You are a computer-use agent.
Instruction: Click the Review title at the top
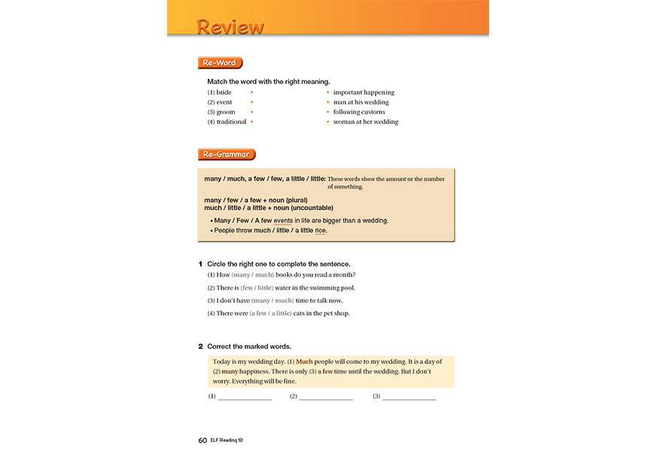point(230,27)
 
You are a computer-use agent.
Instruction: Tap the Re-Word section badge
point(220,63)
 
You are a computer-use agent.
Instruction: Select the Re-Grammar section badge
point(227,154)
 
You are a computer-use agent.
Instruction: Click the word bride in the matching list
point(224,92)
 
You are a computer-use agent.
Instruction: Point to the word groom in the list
point(225,112)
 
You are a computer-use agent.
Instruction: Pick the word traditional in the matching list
point(231,122)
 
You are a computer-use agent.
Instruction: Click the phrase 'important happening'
point(363,92)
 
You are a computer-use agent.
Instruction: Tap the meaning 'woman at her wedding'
point(366,122)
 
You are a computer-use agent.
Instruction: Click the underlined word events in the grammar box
point(283,220)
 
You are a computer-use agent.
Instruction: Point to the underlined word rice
point(321,231)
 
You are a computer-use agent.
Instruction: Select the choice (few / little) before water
point(257,288)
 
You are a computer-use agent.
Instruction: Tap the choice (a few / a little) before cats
point(270,313)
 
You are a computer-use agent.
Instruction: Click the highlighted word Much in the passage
point(304,362)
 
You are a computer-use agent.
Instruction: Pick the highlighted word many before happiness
point(230,371)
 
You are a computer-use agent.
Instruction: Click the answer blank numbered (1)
point(244,397)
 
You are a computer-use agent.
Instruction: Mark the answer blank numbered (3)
point(409,397)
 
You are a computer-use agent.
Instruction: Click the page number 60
point(202,440)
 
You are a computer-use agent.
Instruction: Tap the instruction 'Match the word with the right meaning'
point(269,81)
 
